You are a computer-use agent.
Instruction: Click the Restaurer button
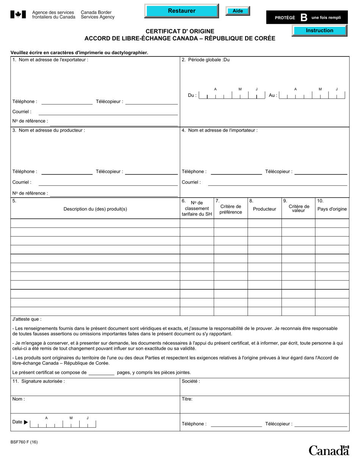[182, 11]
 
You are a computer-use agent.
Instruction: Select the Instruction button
[319, 31]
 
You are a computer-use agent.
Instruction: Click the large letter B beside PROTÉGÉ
[304, 17]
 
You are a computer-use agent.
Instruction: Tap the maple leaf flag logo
[18, 14]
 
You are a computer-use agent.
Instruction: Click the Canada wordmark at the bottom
[328, 450]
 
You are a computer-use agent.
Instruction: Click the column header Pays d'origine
[332, 209]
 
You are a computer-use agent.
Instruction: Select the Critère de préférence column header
[230, 209]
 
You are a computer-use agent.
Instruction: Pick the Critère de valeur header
[299, 208]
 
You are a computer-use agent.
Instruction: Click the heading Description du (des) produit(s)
[95, 209]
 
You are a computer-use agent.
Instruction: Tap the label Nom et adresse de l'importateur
[223, 130]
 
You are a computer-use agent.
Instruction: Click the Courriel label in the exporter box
[22, 112]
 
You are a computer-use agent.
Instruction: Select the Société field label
[191, 382]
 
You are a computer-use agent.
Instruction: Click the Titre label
[187, 399]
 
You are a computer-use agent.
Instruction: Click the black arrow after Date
[26, 422]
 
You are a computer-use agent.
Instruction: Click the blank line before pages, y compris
[101, 373]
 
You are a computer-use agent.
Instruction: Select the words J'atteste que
[27, 319]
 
